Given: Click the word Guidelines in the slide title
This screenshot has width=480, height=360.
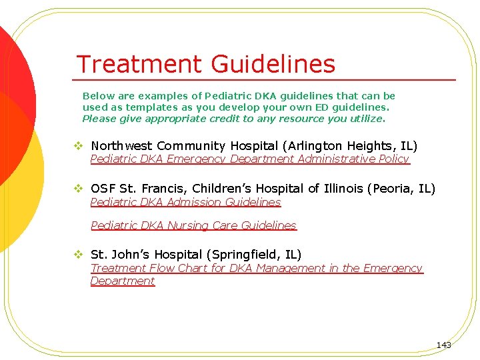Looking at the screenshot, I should pos(273,65).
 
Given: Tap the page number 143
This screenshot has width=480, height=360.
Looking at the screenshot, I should pos(443,345).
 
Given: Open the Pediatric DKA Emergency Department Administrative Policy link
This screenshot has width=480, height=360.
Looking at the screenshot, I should pos(249,159).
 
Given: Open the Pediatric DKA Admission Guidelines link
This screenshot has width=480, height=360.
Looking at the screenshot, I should pos(185,202).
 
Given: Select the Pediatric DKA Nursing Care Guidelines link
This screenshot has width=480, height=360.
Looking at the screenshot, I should pos(193,225).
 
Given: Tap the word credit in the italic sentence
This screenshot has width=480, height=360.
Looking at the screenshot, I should pos(215,119).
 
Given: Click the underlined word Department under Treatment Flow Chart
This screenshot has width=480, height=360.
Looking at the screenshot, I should pos(123,281).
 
